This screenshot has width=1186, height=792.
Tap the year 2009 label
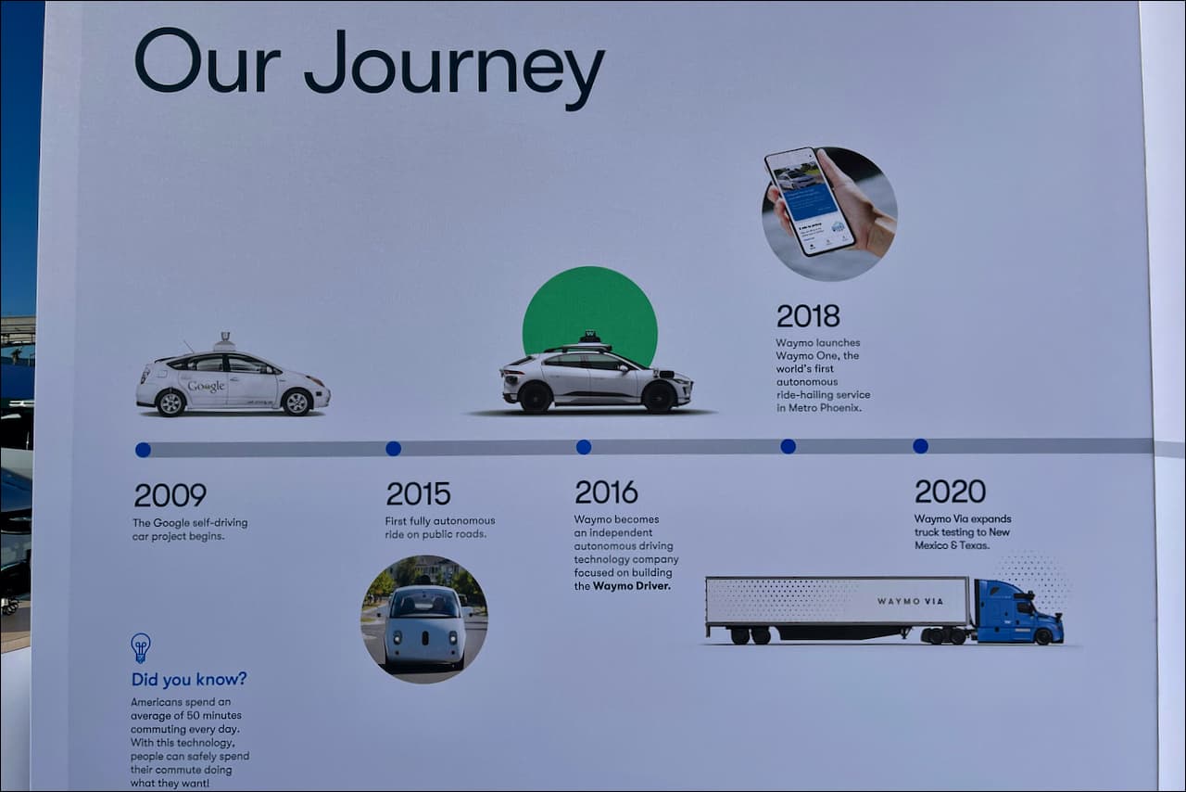coord(170,495)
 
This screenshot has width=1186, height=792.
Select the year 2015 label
coord(418,493)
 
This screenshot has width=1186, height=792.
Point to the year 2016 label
coord(606,492)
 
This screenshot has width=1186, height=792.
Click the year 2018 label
coord(808,316)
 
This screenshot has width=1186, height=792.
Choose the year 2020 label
coord(950,491)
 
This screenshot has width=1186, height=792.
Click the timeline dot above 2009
coord(143,450)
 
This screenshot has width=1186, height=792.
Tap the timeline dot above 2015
coord(393,449)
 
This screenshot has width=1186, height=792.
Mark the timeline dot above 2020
coord(920,446)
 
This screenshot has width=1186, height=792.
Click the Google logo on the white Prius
coord(206,386)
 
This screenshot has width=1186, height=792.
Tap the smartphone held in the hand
coord(808,200)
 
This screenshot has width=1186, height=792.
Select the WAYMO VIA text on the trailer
coord(910,602)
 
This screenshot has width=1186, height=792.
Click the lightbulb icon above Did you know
coord(141,646)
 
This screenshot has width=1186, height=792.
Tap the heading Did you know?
coord(189,680)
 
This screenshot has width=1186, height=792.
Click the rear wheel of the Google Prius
coord(170,402)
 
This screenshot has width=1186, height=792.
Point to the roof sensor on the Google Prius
coord(223,341)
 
